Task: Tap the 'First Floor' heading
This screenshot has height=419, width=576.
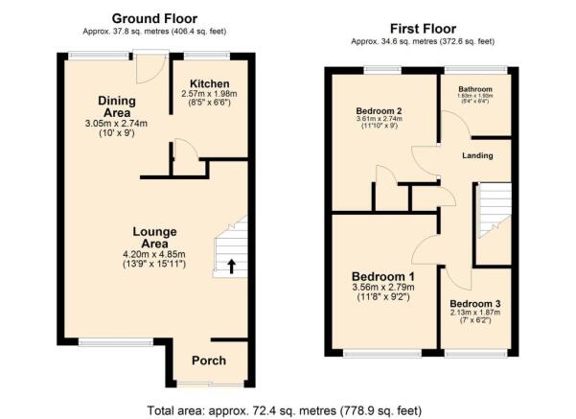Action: pos(422,28)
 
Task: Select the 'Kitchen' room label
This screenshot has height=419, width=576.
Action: pos(209,84)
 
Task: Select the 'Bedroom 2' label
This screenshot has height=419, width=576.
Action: pos(379,111)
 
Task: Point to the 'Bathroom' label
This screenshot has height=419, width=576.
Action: pos(474,87)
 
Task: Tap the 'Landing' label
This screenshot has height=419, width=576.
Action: pos(476,155)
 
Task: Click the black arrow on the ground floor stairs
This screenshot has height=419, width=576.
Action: pos(230,266)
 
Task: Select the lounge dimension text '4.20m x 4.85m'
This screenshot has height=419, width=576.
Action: pos(153,253)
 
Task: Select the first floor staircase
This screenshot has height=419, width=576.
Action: pos(495,211)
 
